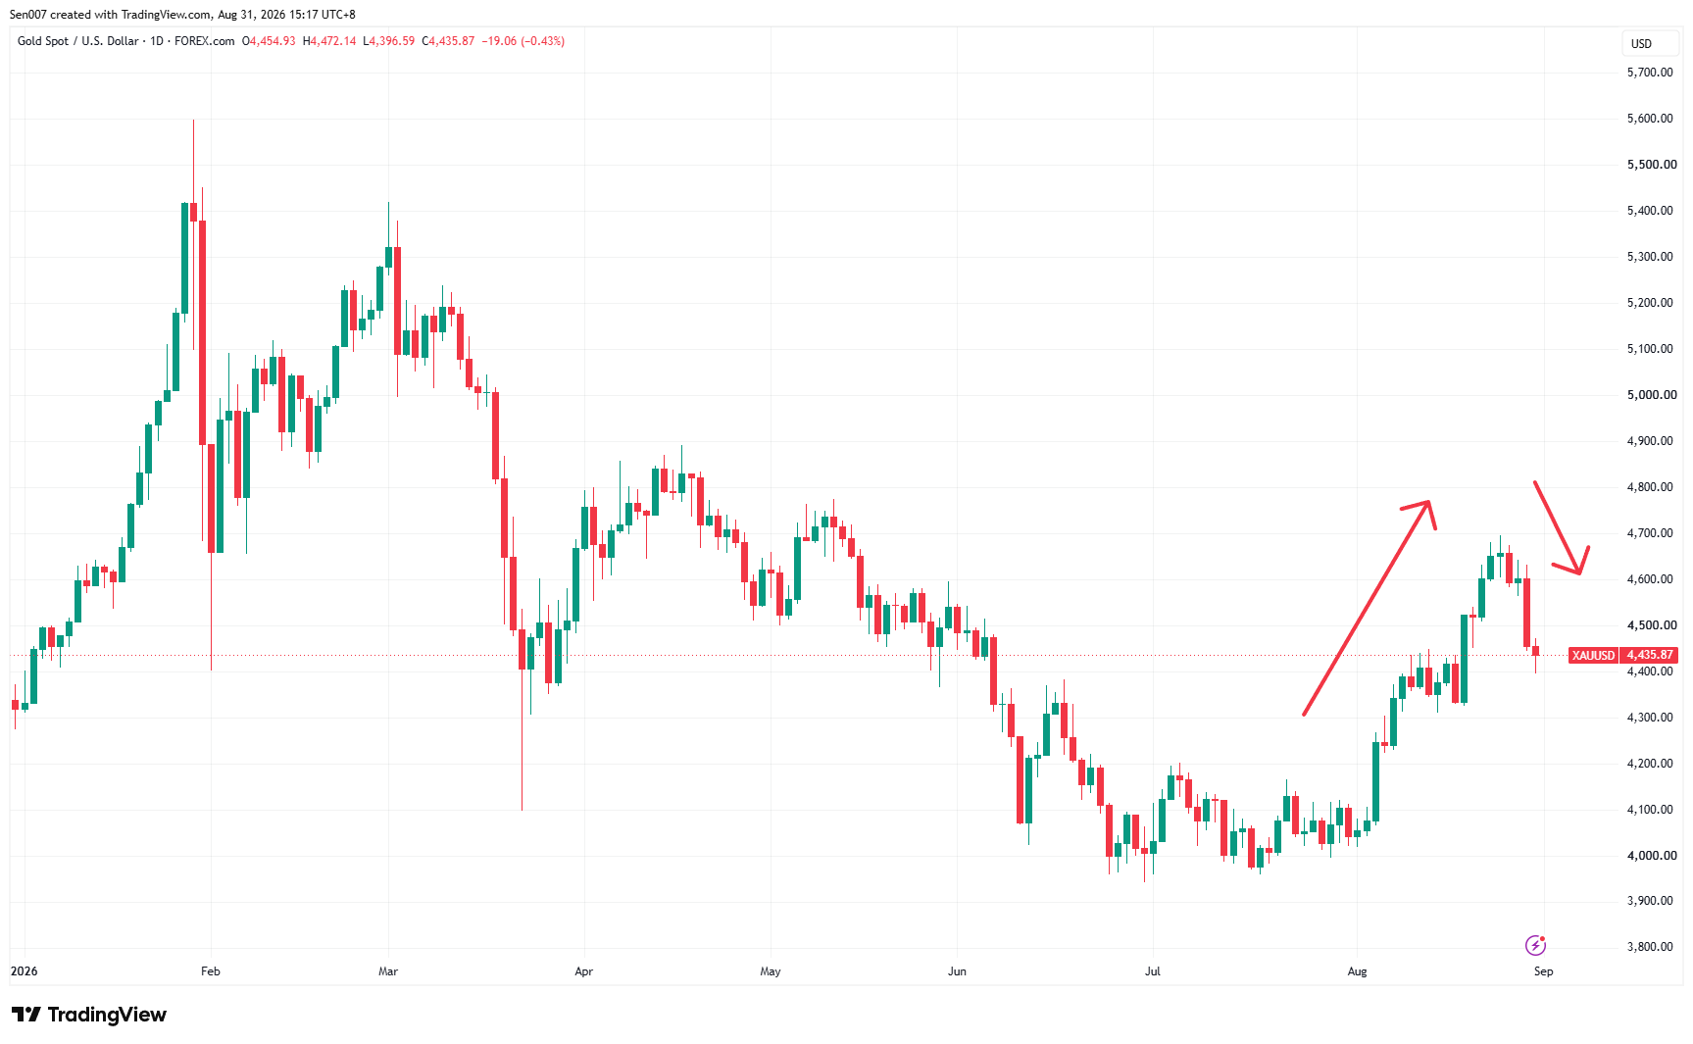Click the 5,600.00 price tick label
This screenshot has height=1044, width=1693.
click(1650, 119)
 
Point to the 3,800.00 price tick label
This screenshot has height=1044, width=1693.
click(1650, 947)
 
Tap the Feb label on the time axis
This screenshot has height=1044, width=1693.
click(211, 971)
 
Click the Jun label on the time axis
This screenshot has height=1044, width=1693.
click(957, 971)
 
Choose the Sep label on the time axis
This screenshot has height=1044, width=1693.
click(1544, 971)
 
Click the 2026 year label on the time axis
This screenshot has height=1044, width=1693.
click(24, 971)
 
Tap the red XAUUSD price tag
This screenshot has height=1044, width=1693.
click(1593, 655)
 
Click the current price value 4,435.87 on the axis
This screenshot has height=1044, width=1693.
click(1649, 655)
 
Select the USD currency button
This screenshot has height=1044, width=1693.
click(1642, 44)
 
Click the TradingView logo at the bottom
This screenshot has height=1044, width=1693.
click(89, 1015)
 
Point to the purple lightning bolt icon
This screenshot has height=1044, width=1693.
click(1535, 945)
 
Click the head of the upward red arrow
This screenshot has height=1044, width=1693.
click(1430, 503)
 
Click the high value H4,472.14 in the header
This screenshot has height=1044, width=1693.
click(329, 41)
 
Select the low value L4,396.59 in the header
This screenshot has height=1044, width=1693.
click(389, 41)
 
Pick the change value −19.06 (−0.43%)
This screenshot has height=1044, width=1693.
click(523, 41)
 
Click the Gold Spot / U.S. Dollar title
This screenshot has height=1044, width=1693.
click(78, 41)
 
